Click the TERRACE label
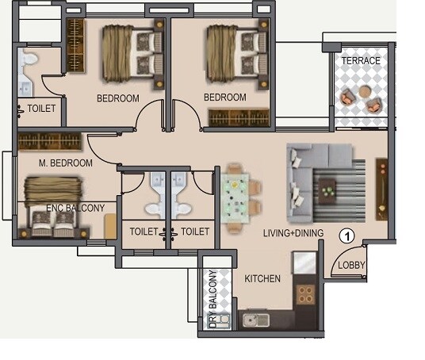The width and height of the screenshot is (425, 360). [361, 61]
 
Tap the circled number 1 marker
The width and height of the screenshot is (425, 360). [347, 235]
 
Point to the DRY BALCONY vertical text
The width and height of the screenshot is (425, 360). [212, 298]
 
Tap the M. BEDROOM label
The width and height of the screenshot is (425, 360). [66, 163]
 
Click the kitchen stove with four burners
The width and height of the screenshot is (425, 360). [305, 296]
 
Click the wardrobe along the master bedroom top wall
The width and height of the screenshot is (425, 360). [52, 143]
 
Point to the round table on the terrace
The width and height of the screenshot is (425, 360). [364, 92]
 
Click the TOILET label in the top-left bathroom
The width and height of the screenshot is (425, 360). [41, 109]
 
